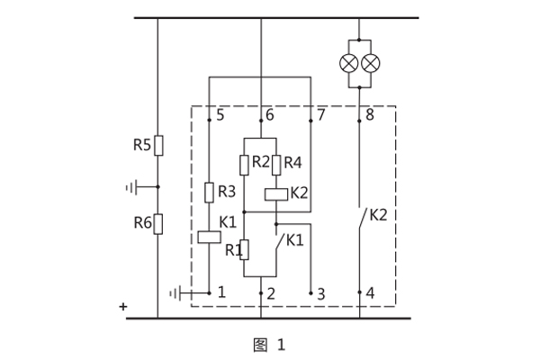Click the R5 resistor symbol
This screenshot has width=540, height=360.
tap(157, 145)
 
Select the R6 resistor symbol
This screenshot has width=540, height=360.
tap(157, 223)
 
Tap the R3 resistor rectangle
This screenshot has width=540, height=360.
tap(209, 192)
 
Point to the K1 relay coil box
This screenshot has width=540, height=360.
tap(209, 238)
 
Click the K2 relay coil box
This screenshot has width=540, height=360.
tap(276, 193)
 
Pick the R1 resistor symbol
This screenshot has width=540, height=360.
tap(244, 249)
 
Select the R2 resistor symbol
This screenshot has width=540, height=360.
tap(244, 164)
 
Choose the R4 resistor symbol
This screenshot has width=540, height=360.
tap(276, 164)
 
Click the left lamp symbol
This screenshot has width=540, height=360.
tap(348, 62)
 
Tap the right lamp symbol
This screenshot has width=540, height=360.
tap(370, 62)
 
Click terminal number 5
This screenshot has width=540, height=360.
tap(220, 115)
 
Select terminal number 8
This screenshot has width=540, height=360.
tap(369, 115)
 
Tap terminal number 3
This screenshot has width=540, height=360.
tap(321, 292)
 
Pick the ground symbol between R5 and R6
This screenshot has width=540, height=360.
tap(132, 187)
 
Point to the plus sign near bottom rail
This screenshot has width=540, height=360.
tap(123, 307)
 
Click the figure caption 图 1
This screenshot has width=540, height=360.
tap(269, 344)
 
